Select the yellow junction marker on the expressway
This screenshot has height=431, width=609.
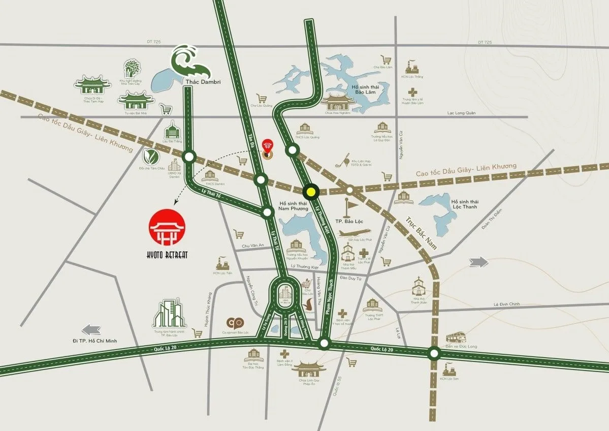click(x=310, y=192)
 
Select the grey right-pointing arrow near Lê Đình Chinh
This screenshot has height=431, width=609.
click(x=479, y=262)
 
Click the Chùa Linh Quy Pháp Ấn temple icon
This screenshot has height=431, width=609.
click(x=308, y=370)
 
